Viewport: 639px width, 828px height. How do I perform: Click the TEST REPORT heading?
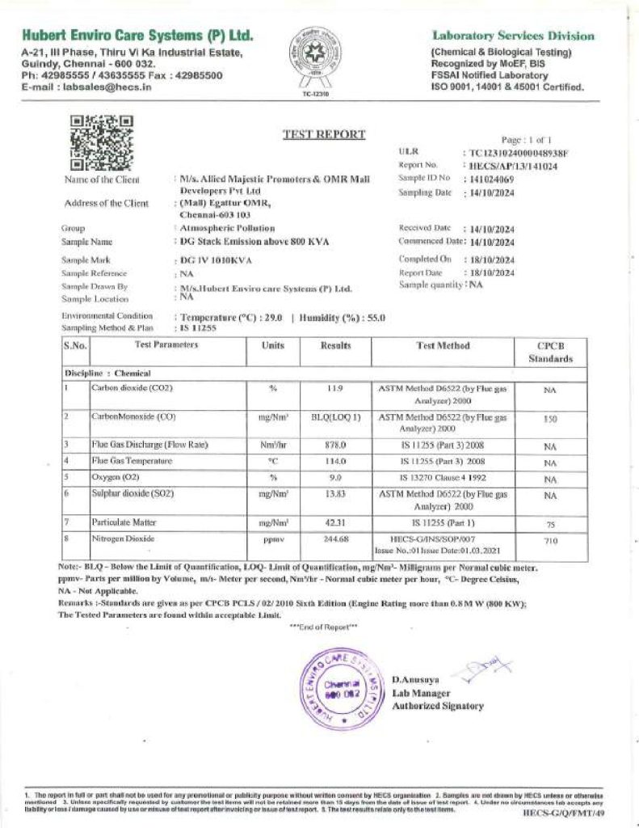pos(323,134)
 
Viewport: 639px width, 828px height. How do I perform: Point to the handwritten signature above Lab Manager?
pos(468,670)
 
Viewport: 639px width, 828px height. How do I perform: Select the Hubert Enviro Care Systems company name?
pos(138,36)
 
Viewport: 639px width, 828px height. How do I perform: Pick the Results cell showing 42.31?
pos(334,523)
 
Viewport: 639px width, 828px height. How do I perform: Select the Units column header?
pos(273,346)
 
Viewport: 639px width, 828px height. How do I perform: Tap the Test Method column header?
pos(442,346)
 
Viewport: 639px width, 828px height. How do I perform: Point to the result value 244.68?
pos(334,539)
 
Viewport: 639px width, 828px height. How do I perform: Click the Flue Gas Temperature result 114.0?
pos(334,461)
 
